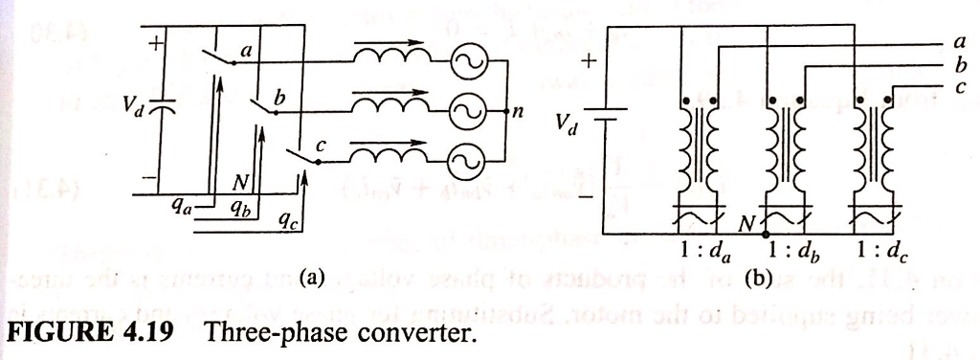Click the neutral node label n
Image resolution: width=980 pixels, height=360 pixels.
tap(518, 113)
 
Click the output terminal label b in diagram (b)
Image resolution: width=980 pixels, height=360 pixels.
tap(960, 66)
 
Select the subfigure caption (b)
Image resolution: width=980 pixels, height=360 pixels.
tap(754, 281)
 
